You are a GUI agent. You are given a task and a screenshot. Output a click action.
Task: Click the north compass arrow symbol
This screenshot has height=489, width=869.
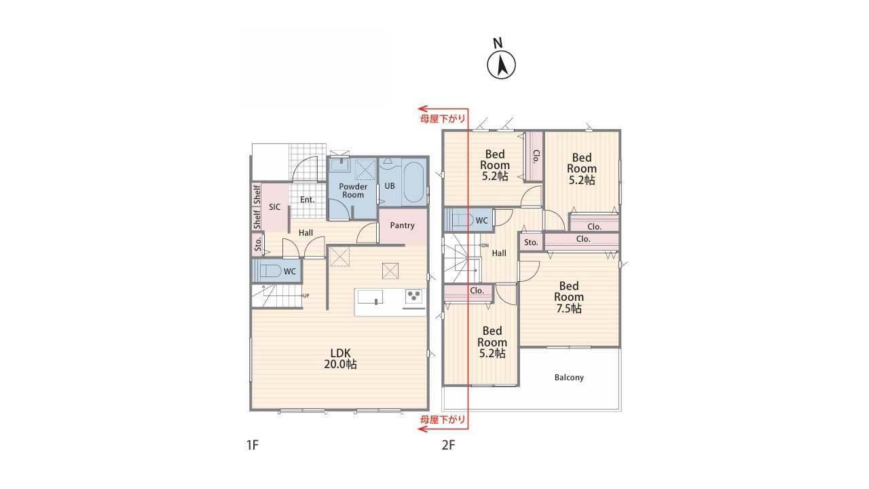coord(501,65)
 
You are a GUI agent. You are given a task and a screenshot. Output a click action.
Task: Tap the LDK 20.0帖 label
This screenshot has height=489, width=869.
coord(340,359)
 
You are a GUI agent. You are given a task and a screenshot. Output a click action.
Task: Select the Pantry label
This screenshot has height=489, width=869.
coord(403,225)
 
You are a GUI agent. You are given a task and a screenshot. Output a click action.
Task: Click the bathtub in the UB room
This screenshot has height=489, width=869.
coord(413,183)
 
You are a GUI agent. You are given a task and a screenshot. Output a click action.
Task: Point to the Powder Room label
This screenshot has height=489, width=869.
coord(353,191)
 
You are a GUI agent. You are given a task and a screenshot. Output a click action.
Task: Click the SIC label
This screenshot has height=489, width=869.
coord(275,207)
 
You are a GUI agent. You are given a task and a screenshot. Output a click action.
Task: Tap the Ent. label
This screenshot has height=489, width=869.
coord(308,200)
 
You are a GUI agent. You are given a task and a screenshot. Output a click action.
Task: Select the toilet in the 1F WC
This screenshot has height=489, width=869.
coord(270,270)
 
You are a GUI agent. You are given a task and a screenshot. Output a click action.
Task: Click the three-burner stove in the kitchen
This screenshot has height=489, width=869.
coord(413,295)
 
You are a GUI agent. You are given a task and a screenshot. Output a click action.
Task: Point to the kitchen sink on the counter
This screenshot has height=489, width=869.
coord(370,297)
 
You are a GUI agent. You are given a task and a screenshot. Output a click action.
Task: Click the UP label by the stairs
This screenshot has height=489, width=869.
coord(306,295)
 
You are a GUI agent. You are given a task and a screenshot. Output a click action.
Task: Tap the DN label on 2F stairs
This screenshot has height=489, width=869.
coord(485,245)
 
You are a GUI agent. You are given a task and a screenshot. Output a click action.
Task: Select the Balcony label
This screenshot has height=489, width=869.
coord(569,377)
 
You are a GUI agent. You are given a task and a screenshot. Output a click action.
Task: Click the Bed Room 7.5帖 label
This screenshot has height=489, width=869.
coord(569,297)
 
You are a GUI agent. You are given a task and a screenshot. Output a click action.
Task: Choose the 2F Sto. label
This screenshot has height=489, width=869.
coord(531,242)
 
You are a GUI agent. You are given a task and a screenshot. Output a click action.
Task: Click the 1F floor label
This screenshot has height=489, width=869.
coord(252,445)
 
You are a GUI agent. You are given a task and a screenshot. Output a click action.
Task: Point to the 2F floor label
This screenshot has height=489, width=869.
coord(449,445)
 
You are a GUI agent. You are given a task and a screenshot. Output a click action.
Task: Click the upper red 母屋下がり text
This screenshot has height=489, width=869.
coord(443,119)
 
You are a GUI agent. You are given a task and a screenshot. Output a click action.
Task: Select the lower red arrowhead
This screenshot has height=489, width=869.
coord(422,429)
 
